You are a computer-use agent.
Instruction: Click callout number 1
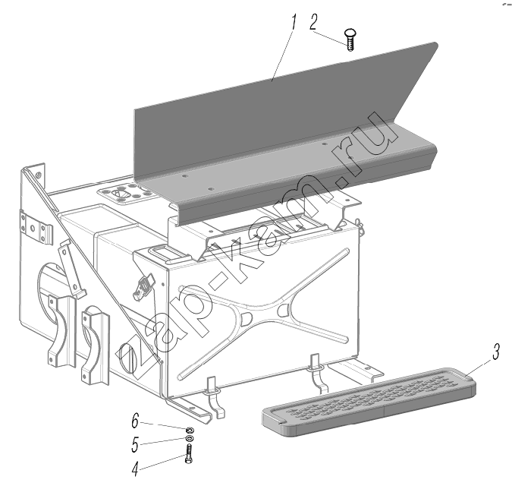pos(294,21)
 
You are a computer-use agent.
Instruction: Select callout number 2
pos(313,21)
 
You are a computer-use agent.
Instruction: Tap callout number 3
pos(496,352)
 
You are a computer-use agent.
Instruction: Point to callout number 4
pos(135,469)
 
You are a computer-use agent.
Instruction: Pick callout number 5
pos(135,445)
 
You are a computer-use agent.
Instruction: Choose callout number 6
pos(135,421)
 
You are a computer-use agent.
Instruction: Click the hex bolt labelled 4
pos(189,453)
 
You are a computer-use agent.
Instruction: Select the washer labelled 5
pos(190,438)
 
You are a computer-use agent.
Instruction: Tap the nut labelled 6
pos(190,429)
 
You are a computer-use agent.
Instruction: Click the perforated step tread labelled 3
pos(369,402)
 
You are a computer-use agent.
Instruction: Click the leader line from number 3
pos(479,367)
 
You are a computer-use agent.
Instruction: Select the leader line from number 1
pos(282,55)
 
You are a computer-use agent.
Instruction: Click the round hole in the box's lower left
pos(127,357)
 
